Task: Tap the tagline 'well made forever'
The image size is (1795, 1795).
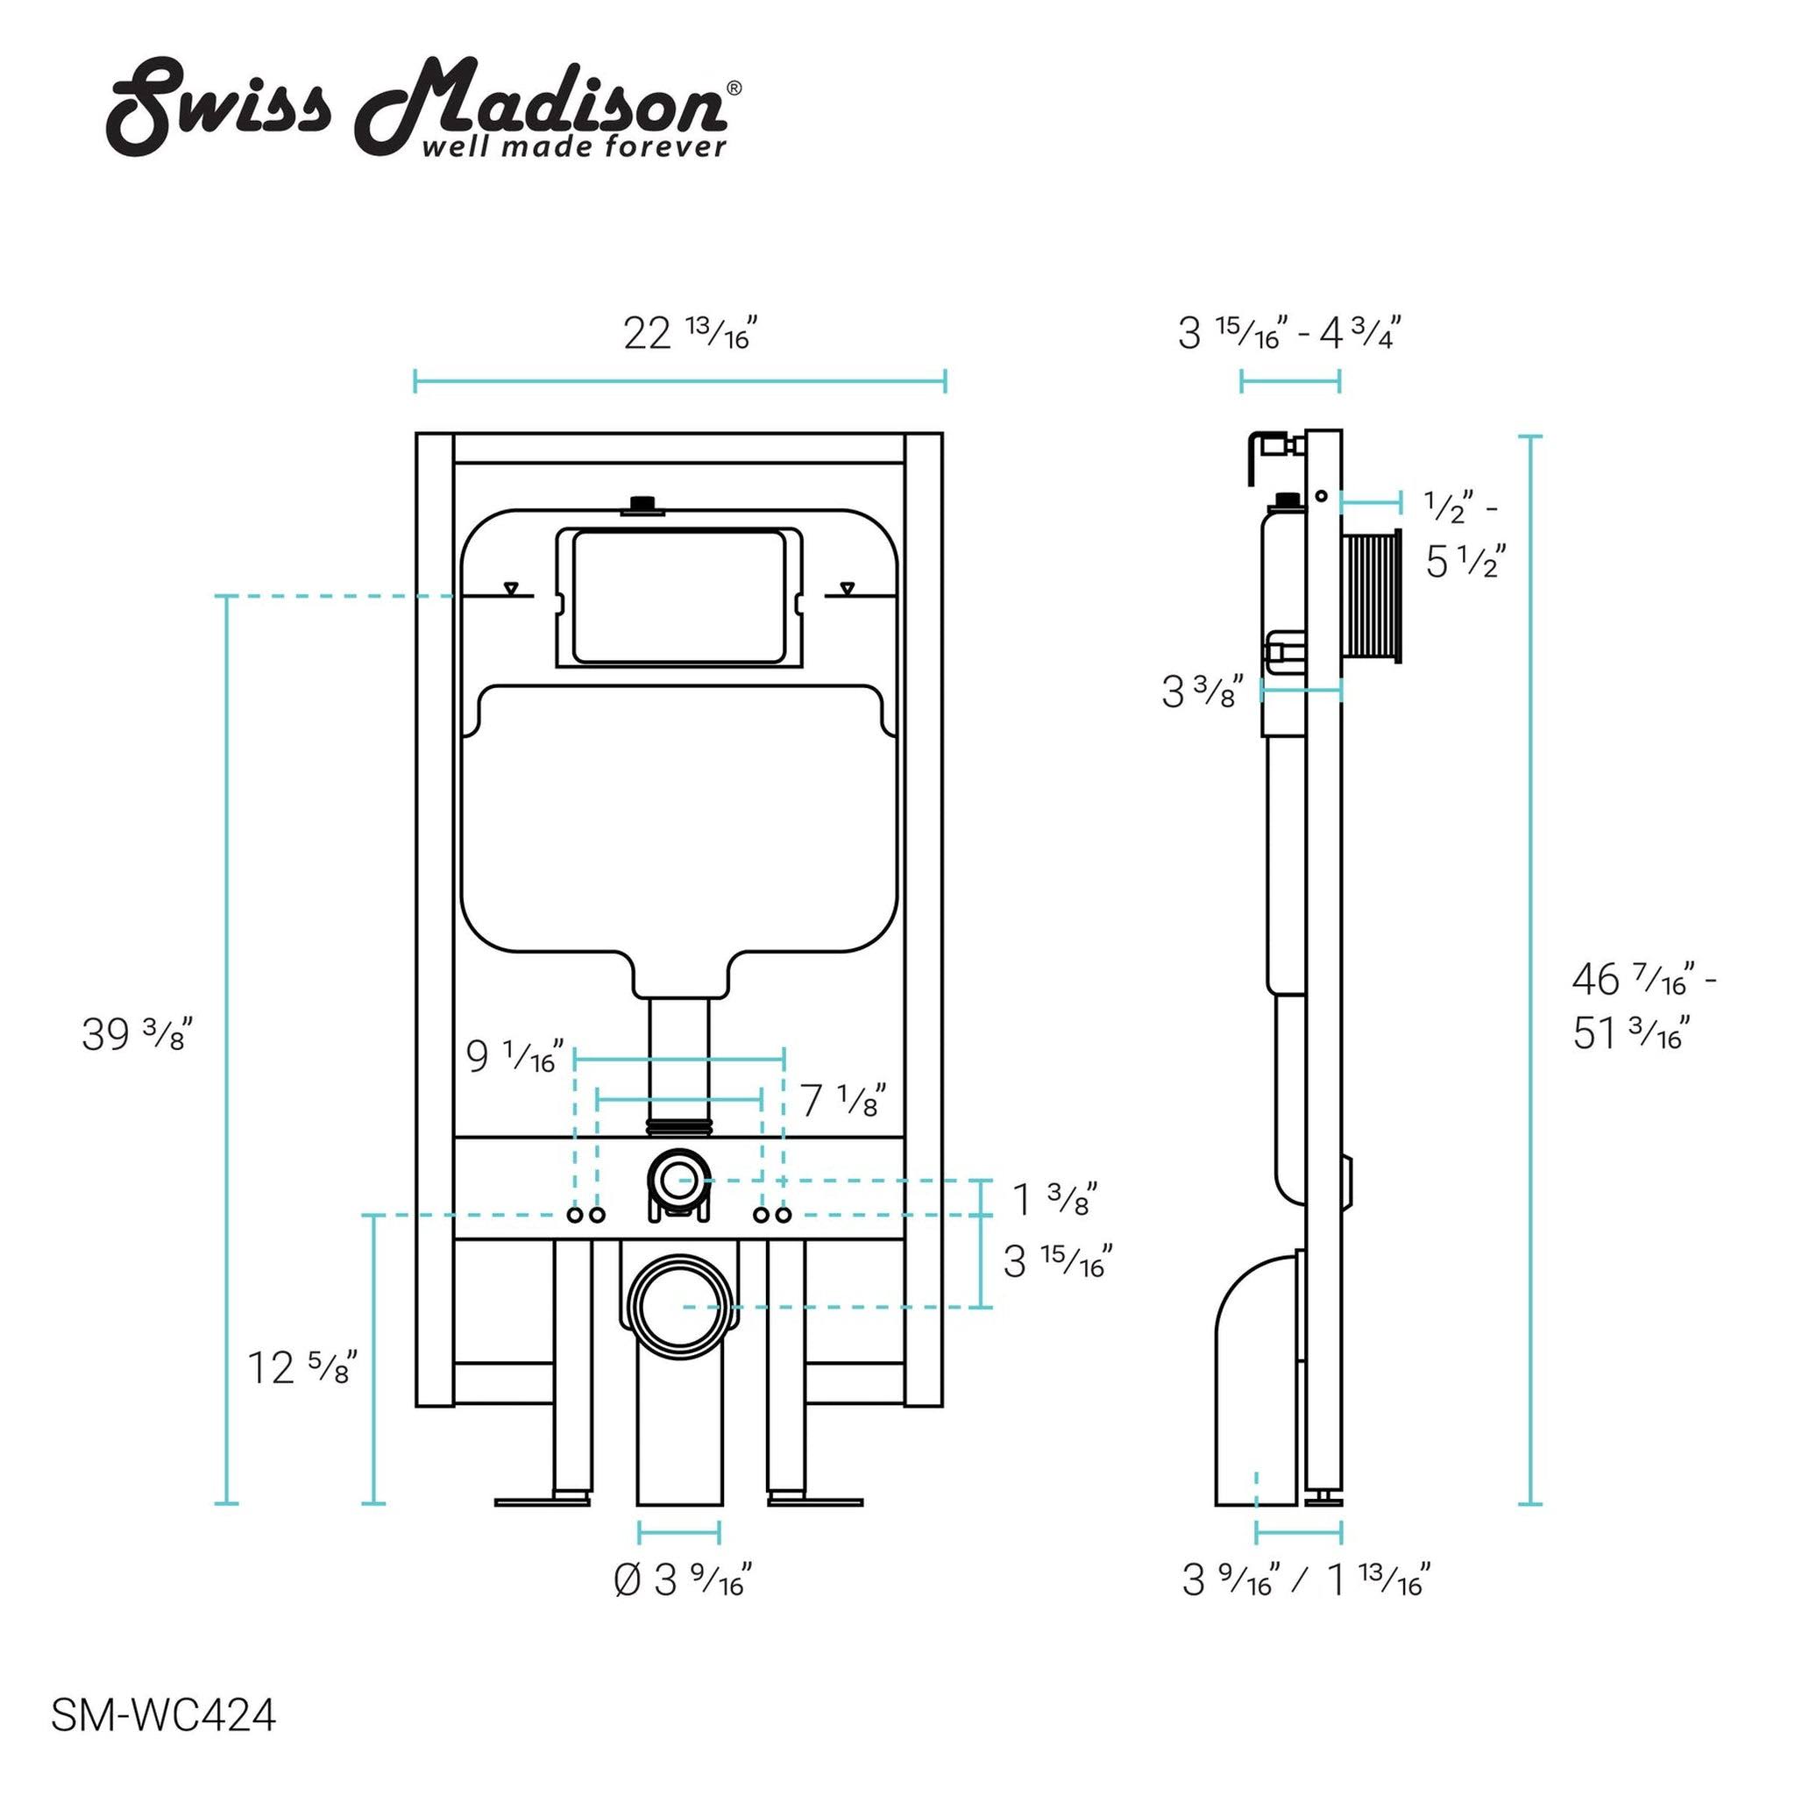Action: (x=574, y=145)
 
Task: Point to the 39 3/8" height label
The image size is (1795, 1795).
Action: (x=137, y=1034)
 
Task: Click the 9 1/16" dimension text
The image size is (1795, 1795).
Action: (x=514, y=1056)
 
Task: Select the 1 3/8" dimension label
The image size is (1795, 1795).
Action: (x=1055, y=1197)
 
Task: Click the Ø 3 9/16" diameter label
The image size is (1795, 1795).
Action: (x=683, y=1579)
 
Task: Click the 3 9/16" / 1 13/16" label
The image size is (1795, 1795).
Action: (x=1305, y=1579)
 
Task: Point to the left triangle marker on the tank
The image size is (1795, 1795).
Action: (x=510, y=588)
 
